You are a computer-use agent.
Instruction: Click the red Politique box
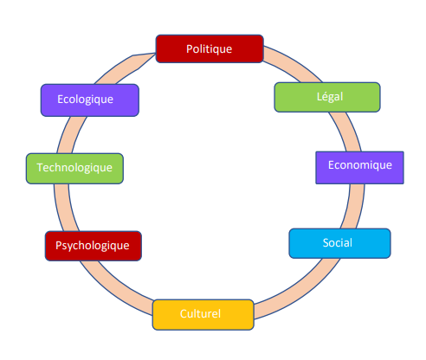(x=210, y=48)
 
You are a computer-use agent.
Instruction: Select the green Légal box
(x=327, y=97)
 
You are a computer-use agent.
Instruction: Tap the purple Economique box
(x=359, y=168)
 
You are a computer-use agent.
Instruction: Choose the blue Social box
(x=339, y=243)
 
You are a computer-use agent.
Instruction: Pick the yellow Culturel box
(x=203, y=314)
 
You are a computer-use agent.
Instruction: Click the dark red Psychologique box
(x=94, y=246)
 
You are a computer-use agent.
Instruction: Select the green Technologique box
(x=74, y=169)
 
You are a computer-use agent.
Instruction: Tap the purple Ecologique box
(x=90, y=100)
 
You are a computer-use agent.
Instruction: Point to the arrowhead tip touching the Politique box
(x=155, y=54)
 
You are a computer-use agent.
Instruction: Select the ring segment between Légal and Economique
(x=345, y=132)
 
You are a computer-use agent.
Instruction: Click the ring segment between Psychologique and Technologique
(x=65, y=208)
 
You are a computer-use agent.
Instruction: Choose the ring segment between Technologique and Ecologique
(x=71, y=134)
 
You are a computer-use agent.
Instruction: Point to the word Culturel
(x=200, y=314)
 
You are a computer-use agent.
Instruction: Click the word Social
(x=338, y=243)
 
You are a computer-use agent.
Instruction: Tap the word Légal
(x=330, y=97)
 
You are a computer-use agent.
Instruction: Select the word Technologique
(x=74, y=168)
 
